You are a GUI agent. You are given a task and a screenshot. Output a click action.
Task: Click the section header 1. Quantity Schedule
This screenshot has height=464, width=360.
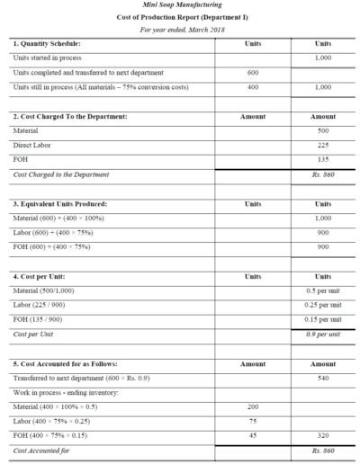[47, 43]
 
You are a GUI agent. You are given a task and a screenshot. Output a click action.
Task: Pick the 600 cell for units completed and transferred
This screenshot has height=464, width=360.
[253, 72]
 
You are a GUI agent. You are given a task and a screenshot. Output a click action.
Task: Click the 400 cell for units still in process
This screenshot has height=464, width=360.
[253, 87]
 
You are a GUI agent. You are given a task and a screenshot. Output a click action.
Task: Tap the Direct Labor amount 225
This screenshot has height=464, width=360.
[322, 145]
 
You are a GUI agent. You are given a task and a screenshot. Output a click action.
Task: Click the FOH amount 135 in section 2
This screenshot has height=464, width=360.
[322, 159]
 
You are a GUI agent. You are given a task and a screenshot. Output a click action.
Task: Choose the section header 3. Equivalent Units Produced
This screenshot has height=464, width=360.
[66, 203]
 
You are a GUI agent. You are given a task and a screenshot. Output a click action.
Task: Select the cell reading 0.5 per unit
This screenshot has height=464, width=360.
[323, 290]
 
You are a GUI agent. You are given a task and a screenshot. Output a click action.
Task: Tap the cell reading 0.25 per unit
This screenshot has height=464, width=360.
[323, 305]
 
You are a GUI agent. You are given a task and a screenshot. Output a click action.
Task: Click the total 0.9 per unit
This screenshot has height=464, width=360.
[323, 334]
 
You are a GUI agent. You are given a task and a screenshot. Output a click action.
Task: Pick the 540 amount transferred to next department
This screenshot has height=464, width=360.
[322, 378]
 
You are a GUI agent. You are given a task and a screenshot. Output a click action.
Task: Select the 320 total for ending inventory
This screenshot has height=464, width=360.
[322, 435]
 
